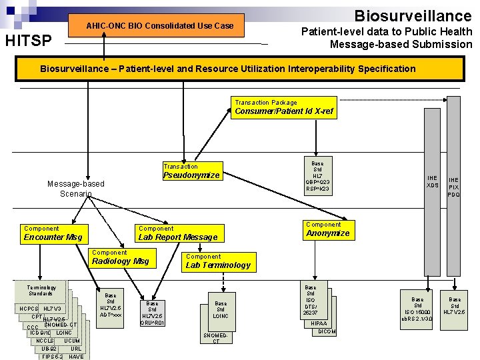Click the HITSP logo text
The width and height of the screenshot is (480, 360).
pyautogui.click(x=28, y=41)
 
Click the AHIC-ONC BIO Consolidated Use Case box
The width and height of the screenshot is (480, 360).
pyautogui.click(x=160, y=25)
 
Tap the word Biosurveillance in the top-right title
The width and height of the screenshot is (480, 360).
pyautogui.click(x=413, y=15)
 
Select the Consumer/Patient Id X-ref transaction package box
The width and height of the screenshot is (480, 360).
pyautogui.click(x=283, y=107)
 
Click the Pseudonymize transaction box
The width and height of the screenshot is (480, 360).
pyautogui.click(x=191, y=171)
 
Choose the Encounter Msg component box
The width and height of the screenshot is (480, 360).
pyautogui.click(x=53, y=233)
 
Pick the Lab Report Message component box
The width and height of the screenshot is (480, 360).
pyautogui.click(x=177, y=233)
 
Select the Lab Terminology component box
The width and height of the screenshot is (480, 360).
pyautogui.click(x=217, y=261)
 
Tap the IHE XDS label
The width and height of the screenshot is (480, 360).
pyautogui.click(x=433, y=181)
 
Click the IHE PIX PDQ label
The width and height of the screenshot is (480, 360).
pyautogui.click(x=454, y=187)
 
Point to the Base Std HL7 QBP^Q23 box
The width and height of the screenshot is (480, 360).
pyautogui.click(x=317, y=176)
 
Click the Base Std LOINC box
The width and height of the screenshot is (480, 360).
pyautogui.click(x=221, y=309)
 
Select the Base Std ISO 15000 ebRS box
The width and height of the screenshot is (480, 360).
pyautogui.click(x=418, y=309)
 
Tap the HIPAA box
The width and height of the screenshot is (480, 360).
pyautogui.click(x=319, y=323)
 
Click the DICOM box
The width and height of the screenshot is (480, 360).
pyautogui.click(x=327, y=331)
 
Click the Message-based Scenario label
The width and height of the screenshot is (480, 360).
pyautogui.click(x=76, y=189)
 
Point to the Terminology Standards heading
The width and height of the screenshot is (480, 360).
pyautogui.click(x=41, y=290)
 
